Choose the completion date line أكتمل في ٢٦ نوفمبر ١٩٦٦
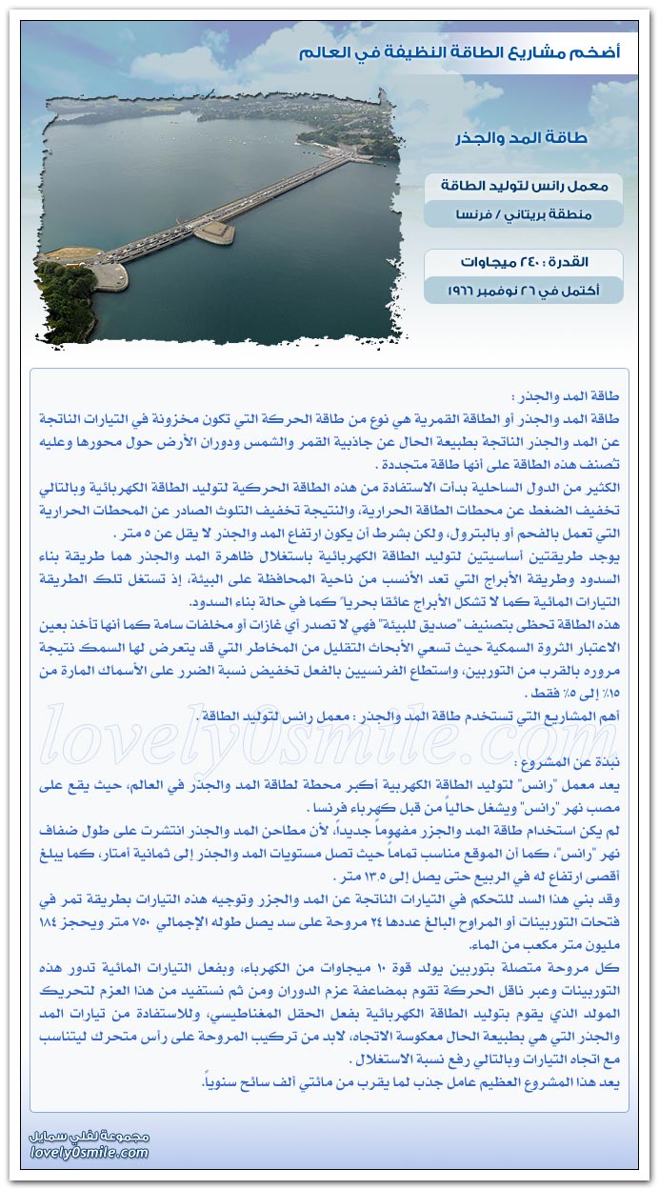pyautogui.click(x=523, y=289)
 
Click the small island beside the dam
pyautogui.click(x=213, y=232)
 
